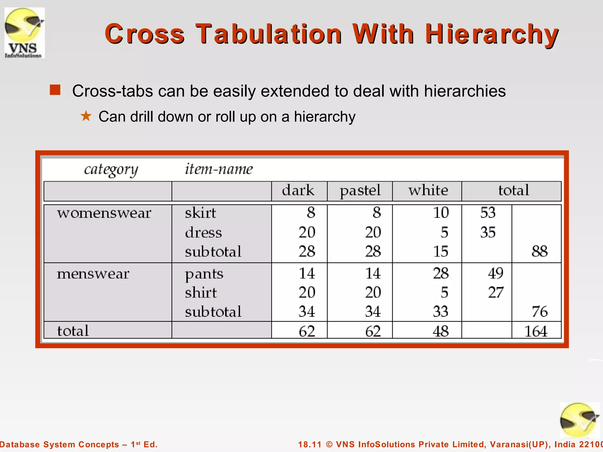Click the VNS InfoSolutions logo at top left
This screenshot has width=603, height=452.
point(24,33)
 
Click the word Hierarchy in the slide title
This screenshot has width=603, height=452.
point(491,34)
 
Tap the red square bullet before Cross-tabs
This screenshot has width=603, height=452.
point(55,90)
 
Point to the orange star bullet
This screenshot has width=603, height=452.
point(86,116)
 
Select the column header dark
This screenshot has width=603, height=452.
point(298,190)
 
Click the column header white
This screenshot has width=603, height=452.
point(428,190)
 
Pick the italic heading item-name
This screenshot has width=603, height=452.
point(218,169)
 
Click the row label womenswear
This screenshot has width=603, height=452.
point(104,213)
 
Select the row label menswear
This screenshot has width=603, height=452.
point(93,274)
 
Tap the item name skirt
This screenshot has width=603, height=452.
point(200,213)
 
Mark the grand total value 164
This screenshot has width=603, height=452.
point(536,331)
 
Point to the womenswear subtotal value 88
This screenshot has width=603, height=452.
point(539,251)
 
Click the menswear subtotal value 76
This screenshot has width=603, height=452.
point(539,312)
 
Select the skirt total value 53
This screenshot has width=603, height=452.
point(488,212)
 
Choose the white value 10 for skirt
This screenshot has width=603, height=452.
point(440,212)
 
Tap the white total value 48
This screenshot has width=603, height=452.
point(440,331)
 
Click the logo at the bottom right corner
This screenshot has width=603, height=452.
point(579,420)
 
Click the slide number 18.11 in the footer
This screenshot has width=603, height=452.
point(310,444)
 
